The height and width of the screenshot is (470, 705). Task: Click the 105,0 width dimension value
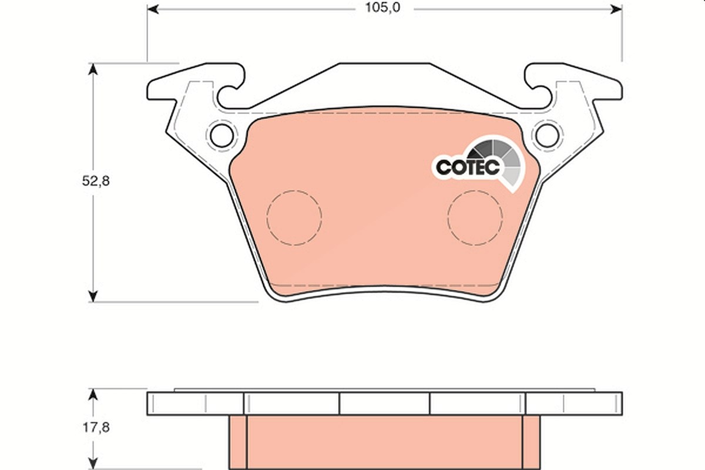click(x=382, y=8)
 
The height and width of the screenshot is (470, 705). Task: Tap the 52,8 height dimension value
click(x=96, y=181)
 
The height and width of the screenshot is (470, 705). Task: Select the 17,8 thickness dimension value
click(x=96, y=428)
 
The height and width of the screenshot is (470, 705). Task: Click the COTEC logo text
click(x=468, y=167)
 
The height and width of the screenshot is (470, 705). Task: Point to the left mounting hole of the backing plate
click(x=222, y=136)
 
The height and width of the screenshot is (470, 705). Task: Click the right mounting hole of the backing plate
click(x=548, y=136)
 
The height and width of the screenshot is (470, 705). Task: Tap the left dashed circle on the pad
click(x=294, y=190)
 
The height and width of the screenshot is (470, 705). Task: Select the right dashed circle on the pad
click(x=475, y=190)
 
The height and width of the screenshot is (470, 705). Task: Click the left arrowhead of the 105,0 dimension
click(x=153, y=9)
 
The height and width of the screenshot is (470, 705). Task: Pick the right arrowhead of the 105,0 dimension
click(x=616, y=9)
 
